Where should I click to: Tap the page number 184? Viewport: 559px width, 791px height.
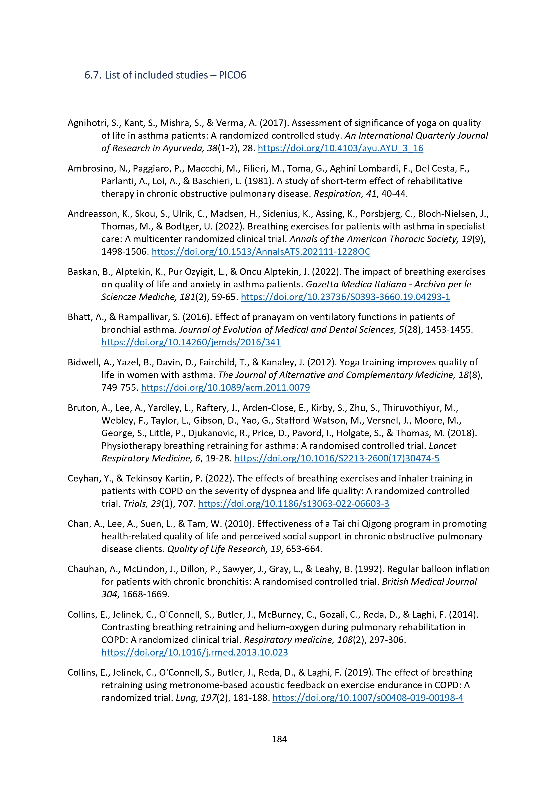point(279,739)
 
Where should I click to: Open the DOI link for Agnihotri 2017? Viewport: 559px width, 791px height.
point(340,148)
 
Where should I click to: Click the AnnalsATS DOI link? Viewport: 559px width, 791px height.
point(261,252)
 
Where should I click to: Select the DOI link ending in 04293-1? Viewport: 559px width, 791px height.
point(345,297)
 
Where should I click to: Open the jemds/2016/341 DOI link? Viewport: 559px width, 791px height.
point(191,342)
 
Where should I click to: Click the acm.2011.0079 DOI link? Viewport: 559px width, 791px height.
point(225,387)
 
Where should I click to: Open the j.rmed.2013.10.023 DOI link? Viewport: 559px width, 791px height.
point(195,652)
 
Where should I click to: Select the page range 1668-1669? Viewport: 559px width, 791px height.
point(145,594)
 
